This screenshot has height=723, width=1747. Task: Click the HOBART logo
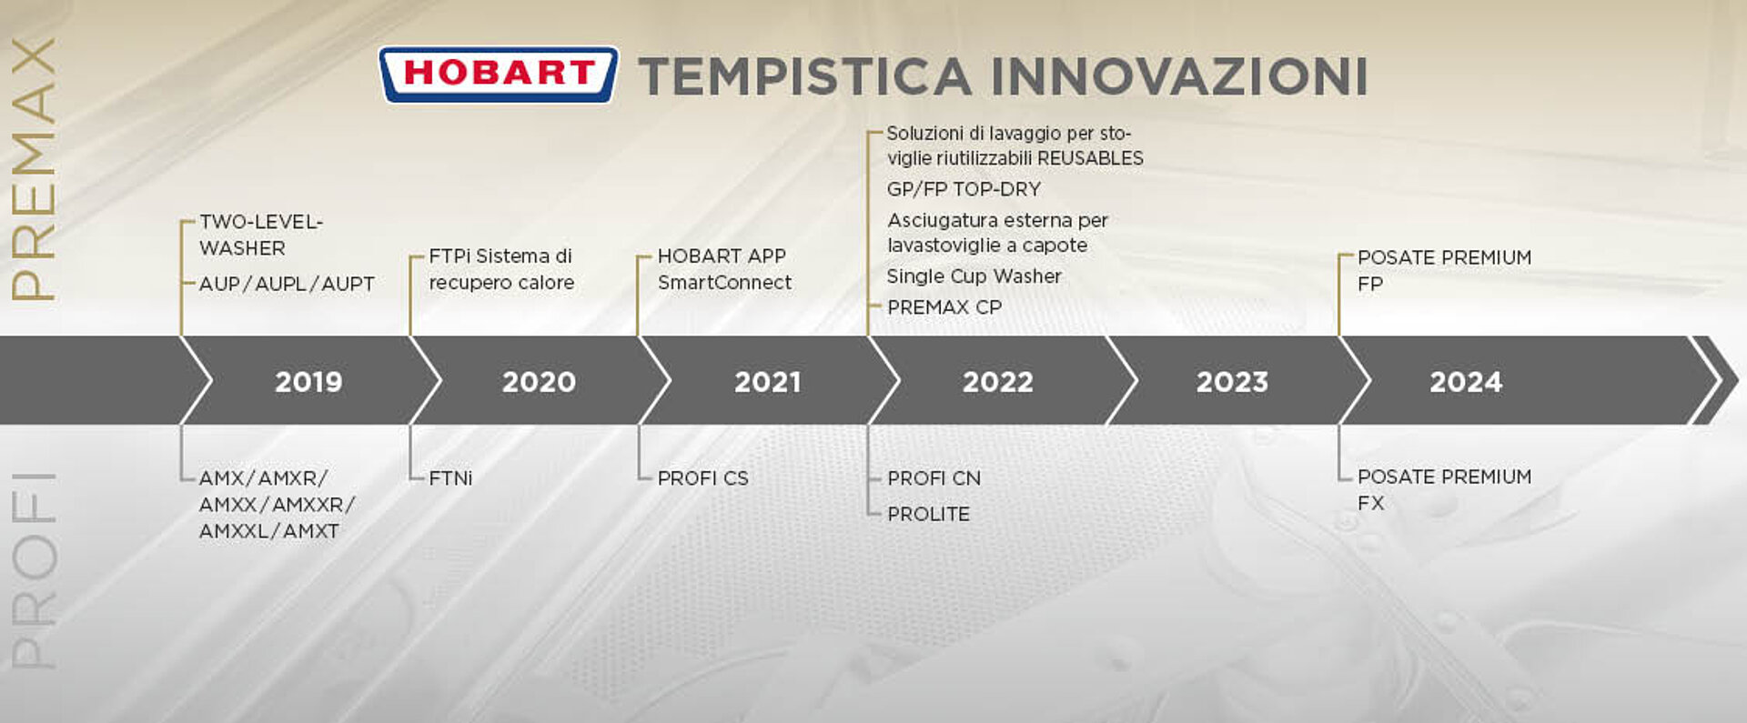(x=499, y=75)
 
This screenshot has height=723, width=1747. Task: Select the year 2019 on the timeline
(x=308, y=381)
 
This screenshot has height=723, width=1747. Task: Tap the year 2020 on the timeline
(x=539, y=381)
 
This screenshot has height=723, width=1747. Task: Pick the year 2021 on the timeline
(x=768, y=381)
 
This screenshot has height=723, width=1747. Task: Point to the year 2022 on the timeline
(x=998, y=381)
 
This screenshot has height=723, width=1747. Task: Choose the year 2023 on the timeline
(x=1232, y=381)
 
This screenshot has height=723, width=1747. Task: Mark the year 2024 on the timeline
(x=1466, y=381)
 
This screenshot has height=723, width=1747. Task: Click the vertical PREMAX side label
(x=34, y=169)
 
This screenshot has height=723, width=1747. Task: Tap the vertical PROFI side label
(x=34, y=570)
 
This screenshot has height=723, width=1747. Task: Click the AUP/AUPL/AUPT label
(x=287, y=284)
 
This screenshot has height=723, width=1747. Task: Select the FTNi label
(x=450, y=477)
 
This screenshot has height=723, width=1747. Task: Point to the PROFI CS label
(x=703, y=477)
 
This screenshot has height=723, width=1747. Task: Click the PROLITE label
(x=928, y=514)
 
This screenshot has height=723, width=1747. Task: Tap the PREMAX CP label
(x=944, y=307)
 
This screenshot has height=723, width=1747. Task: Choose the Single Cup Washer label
(x=974, y=276)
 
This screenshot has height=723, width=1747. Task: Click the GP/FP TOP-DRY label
(x=964, y=189)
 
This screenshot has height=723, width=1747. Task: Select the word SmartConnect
(x=724, y=283)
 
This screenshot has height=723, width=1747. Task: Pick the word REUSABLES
(x=1090, y=158)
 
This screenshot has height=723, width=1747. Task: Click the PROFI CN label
(x=934, y=477)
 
